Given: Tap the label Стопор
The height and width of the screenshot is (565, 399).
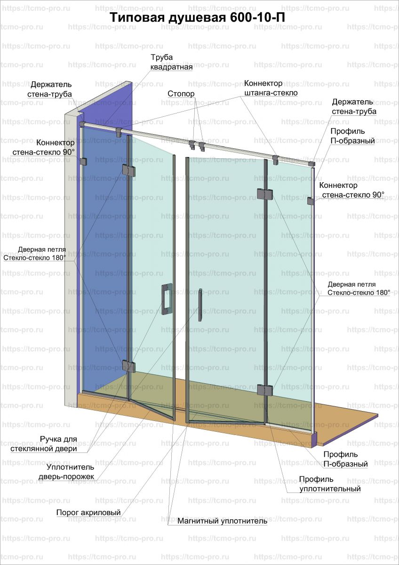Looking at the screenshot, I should [x=181, y=94].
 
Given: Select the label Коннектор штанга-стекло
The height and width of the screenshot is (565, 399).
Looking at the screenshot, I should [x=271, y=88].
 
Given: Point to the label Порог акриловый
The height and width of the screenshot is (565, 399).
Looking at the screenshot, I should [x=88, y=512].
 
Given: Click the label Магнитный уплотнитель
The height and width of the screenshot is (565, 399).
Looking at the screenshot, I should [x=222, y=521].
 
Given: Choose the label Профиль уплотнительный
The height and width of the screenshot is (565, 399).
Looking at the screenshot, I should [x=330, y=484].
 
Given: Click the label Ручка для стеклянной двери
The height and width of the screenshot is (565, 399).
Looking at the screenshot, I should [x=50, y=444].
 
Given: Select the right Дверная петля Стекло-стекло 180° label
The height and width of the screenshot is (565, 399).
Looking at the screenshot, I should [x=359, y=288].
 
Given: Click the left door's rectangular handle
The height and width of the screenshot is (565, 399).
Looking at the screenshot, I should [x=166, y=299].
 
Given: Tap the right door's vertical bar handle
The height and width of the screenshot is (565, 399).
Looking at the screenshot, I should [x=200, y=304].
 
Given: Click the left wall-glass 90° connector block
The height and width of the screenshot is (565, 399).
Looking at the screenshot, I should [x=84, y=161].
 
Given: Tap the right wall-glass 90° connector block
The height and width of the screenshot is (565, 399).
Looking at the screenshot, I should [x=311, y=201].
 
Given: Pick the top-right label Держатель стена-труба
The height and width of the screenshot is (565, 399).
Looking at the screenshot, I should [x=352, y=106].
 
